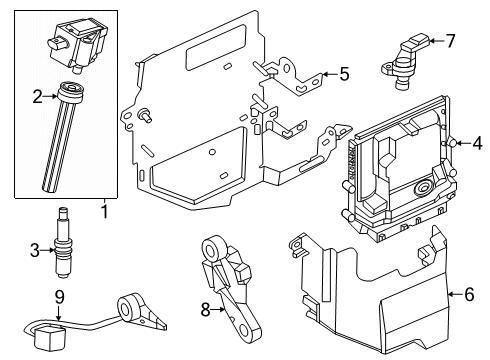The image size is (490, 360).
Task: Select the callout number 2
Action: [36, 96]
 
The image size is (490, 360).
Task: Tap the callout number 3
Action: [33, 248]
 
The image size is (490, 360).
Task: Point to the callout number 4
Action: [477, 142]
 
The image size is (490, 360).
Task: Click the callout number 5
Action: [344, 73]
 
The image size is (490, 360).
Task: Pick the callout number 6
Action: [469, 293]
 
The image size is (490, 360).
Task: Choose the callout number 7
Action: [450, 41]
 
